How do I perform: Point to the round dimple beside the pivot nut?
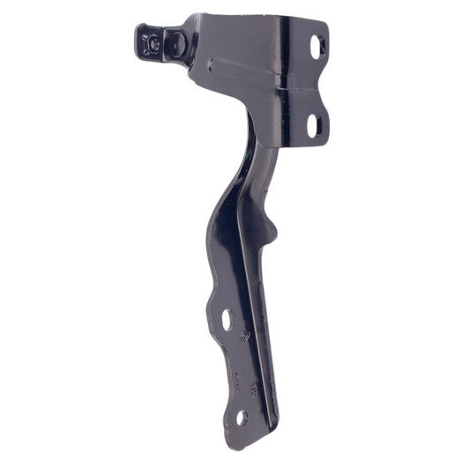tap(175, 41)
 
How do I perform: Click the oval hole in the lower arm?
tap(227, 319)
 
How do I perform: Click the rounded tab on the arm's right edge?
tap(275, 231)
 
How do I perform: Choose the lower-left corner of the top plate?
tap(192, 78)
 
